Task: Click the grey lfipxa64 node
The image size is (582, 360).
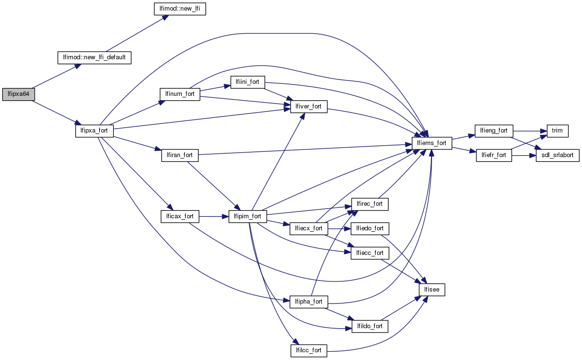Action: (x=18, y=94)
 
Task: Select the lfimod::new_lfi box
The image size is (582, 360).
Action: (x=179, y=9)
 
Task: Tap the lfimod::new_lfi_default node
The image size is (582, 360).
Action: (x=95, y=57)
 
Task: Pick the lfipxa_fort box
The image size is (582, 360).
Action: (x=95, y=131)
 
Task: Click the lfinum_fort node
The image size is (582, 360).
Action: (x=180, y=94)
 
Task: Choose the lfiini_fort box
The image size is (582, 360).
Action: (x=248, y=82)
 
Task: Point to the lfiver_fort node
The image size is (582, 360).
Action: (x=309, y=107)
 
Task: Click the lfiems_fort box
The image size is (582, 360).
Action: (x=432, y=143)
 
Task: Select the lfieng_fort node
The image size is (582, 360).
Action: (x=494, y=131)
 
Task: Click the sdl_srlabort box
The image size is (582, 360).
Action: (x=557, y=155)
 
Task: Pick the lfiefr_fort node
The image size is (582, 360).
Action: (x=494, y=155)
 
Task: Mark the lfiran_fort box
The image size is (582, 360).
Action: (x=179, y=155)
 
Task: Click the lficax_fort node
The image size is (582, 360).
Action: (x=179, y=216)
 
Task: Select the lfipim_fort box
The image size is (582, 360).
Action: (x=248, y=216)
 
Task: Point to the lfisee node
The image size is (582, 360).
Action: (x=432, y=290)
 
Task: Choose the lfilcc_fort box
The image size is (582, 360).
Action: (x=309, y=350)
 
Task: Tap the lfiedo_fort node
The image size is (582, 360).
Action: (x=370, y=228)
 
